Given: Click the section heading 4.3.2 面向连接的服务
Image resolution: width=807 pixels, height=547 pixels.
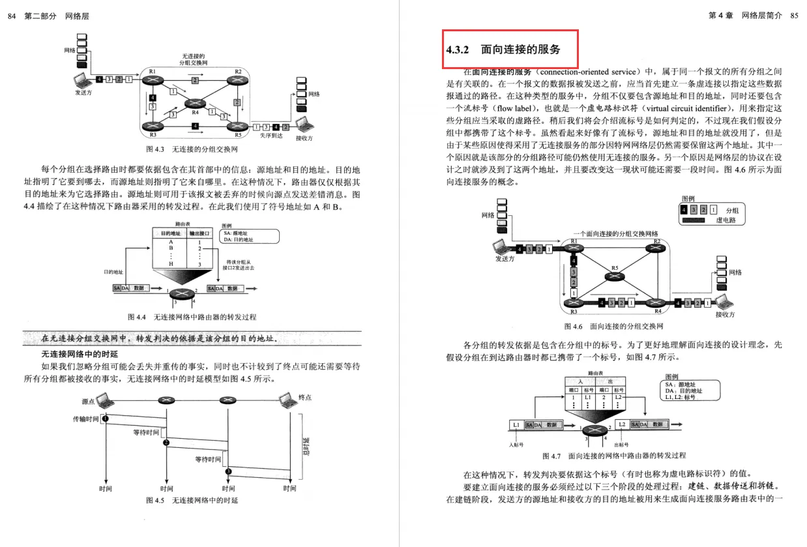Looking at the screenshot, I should (503, 50).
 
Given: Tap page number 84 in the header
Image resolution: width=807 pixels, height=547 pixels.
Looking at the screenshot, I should (11, 16).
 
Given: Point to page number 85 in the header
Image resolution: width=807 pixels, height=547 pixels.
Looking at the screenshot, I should (794, 16).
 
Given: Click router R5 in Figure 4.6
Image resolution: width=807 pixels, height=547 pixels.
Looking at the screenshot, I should (614, 276).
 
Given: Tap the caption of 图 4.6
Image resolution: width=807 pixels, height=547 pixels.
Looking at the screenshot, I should (613, 326).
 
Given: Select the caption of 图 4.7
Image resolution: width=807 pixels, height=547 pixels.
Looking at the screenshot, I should (613, 455).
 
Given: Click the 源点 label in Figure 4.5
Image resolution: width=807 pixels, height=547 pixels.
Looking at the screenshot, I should (89, 401).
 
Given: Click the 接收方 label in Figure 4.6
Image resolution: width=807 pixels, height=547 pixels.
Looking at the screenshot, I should (724, 314).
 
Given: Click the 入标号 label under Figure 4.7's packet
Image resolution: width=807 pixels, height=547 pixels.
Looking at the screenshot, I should (516, 445).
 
